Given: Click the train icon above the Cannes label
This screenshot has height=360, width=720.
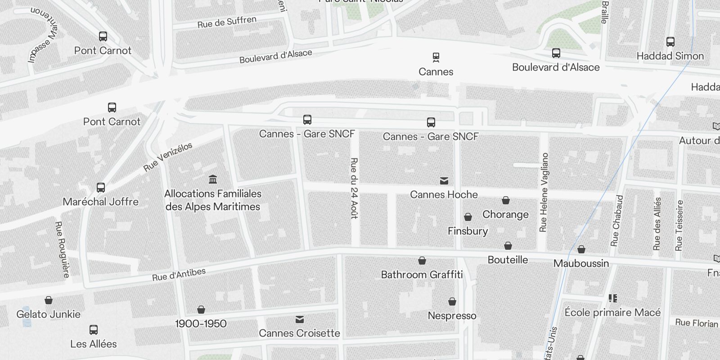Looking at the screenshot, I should pyautogui.click(x=436, y=57).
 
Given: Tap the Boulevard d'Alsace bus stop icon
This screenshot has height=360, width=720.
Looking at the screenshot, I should pyautogui.click(x=556, y=53).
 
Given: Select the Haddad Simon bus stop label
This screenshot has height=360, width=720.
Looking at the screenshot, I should pyautogui.click(x=670, y=56).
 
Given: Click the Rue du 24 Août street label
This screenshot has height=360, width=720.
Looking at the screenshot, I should pyautogui.click(x=354, y=188).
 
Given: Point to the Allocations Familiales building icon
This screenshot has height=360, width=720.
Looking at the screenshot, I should pyautogui.click(x=213, y=180).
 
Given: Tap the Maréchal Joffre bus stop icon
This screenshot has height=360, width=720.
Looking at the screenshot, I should pyautogui.click(x=101, y=188).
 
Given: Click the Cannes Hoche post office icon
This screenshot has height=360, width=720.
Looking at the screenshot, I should pyautogui.click(x=444, y=181).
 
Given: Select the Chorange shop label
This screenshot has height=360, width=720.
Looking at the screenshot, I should pyautogui.click(x=505, y=214).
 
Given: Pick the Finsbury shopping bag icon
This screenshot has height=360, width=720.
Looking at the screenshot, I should pyautogui.click(x=468, y=217).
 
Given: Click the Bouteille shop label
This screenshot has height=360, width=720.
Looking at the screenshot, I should pyautogui.click(x=508, y=260).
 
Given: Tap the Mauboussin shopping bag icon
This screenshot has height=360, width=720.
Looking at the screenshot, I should pyautogui.click(x=581, y=249).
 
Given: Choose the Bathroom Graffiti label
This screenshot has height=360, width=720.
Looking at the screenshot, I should pyautogui.click(x=422, y=274).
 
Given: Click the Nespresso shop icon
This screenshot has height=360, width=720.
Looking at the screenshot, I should pyautogui.click(x=452, y=301).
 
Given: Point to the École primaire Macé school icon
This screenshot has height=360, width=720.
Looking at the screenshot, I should pyautogui.click(x=612, y=298).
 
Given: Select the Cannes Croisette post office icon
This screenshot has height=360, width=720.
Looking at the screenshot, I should pyautogui.click(x=300, y=319).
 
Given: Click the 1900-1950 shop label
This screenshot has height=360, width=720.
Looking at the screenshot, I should pyautogui.click(x=201, y=324).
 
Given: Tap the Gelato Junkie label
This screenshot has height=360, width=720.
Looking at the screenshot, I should pyautogui.click(x=49, y=314).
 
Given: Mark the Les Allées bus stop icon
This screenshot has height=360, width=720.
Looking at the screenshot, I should pyautogui.click(x=94, y=330).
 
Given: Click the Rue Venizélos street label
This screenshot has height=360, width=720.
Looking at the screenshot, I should pyautogui.click(x=168, y=157).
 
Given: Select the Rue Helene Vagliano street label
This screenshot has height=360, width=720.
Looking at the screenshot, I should pyautogui.click(x=544, y=192).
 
